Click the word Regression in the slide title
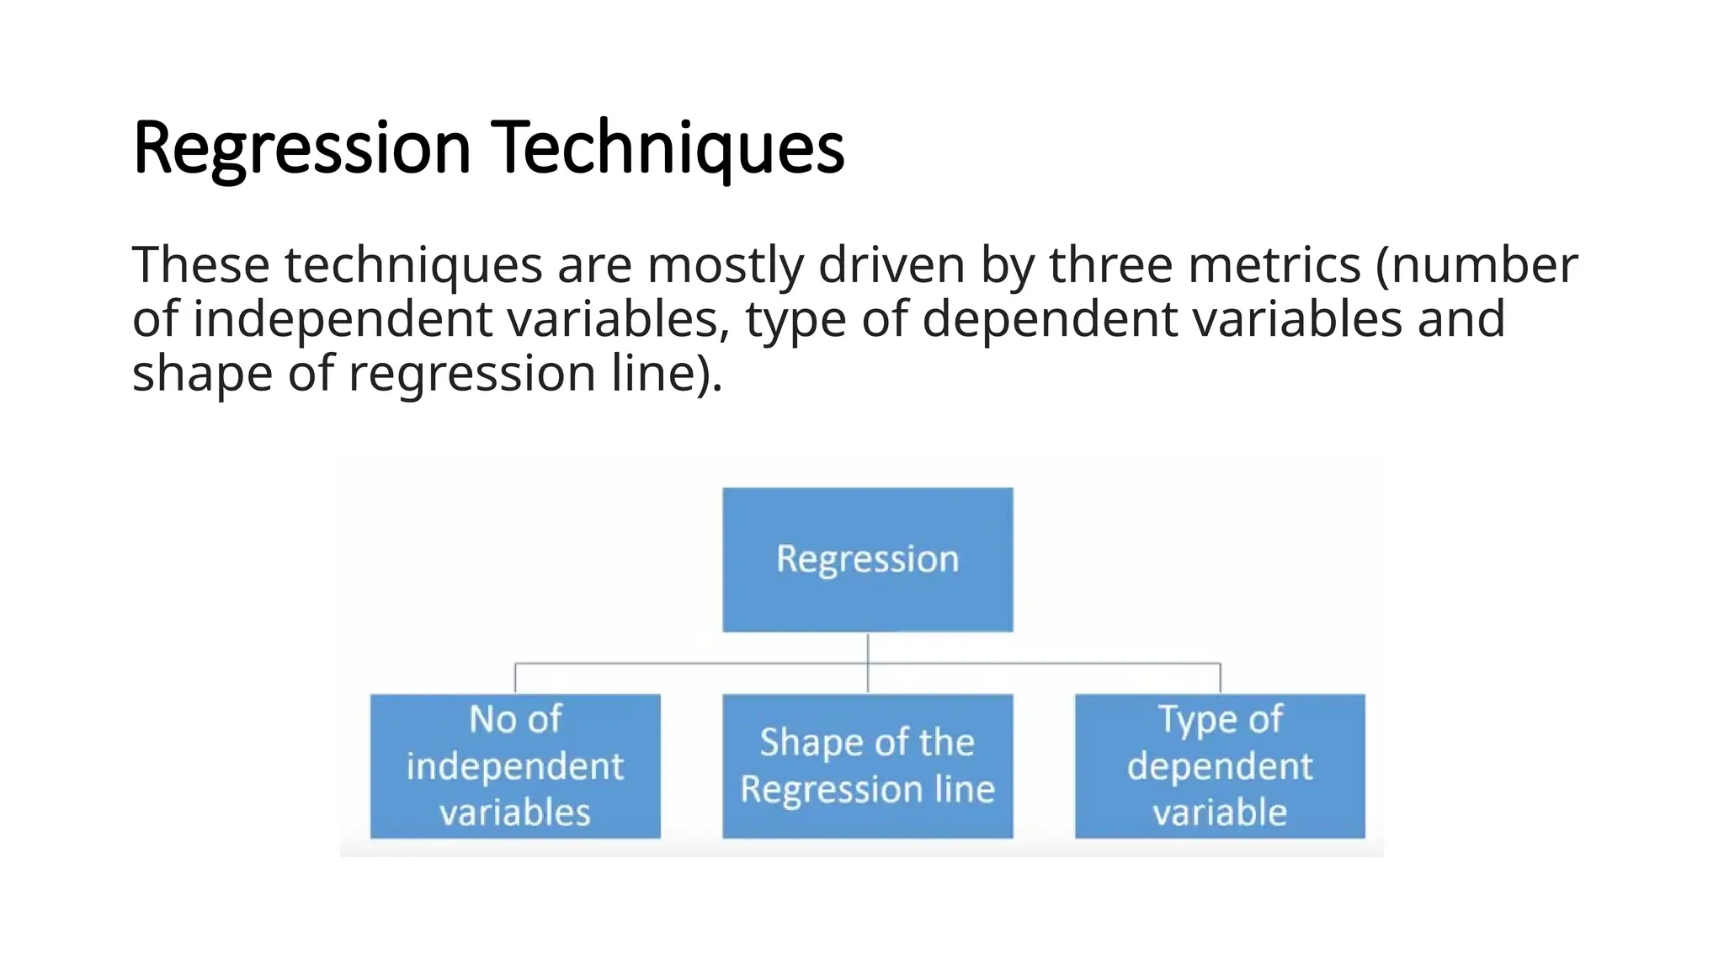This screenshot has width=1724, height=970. click(x=301, y=148)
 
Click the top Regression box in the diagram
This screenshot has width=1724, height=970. click(x=867, y=559)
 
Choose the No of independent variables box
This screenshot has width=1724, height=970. click(x=515, y=765)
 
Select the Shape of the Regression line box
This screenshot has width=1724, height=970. click(x=867, y=765)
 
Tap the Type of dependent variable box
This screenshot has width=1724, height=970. click(x=1220, y=765)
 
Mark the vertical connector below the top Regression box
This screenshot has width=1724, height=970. click(x=868, y=648)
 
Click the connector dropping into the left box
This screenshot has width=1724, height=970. click(x=515, y=679)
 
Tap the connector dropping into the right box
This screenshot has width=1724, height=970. click(x=1220, y=679)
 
